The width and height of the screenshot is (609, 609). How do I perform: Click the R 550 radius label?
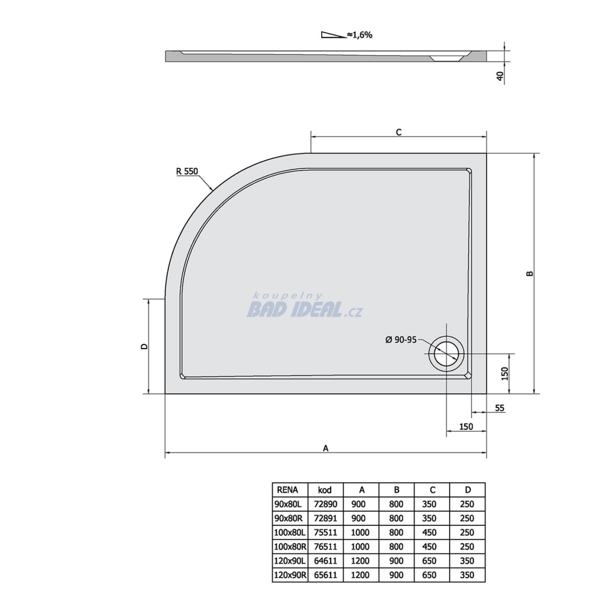coord(187,171)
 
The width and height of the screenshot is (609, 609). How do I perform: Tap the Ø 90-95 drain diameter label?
coord(400,340)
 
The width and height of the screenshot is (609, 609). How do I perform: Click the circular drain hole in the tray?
coord(446,353)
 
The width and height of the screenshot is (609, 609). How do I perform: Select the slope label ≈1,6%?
coord(360,35)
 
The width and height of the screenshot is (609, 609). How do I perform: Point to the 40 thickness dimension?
coord(500,76)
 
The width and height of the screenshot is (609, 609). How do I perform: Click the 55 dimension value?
coord(500,408)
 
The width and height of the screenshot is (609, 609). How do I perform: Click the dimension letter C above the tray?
coord(398,133)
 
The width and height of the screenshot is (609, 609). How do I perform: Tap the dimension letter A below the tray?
coord(325,448)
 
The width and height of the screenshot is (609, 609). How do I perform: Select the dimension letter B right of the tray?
coord(530,274)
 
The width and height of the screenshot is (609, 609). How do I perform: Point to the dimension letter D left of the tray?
coord(144,346)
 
